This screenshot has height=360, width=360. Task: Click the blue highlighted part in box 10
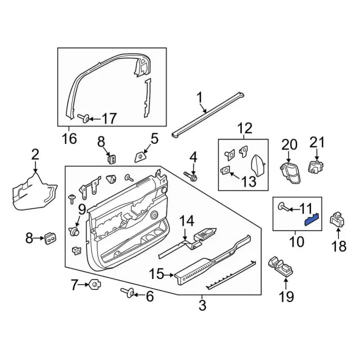pyautogui.click(x=312, y=219)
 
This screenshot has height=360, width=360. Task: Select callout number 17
pyautogui.click(x=109, y=119)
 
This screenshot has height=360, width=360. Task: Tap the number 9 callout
pyautogui.click(x=82, y=210)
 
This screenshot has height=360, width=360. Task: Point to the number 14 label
pyautogui.click(x=186, y=220)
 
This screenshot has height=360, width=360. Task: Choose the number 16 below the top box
pyautogui.click(x=69, y=138)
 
